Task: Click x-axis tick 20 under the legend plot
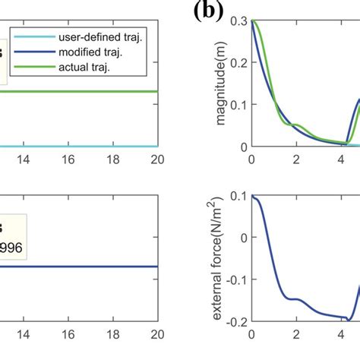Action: coord(156,160)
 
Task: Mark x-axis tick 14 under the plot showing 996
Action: coord(24,336)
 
